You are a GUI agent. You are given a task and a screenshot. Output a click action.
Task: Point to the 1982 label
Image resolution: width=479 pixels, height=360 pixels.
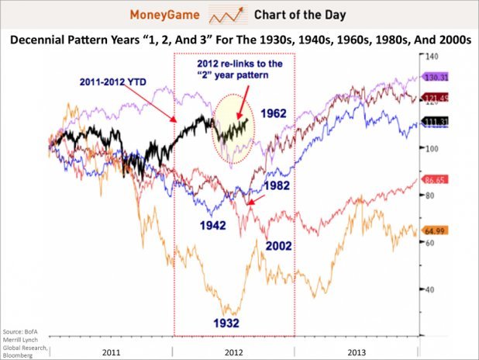coord(276,186)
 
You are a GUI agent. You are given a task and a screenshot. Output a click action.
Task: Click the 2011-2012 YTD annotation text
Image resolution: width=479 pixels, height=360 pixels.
coord(116,81)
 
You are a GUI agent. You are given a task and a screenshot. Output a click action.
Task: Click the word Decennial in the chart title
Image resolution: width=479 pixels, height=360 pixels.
coord(42,40)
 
